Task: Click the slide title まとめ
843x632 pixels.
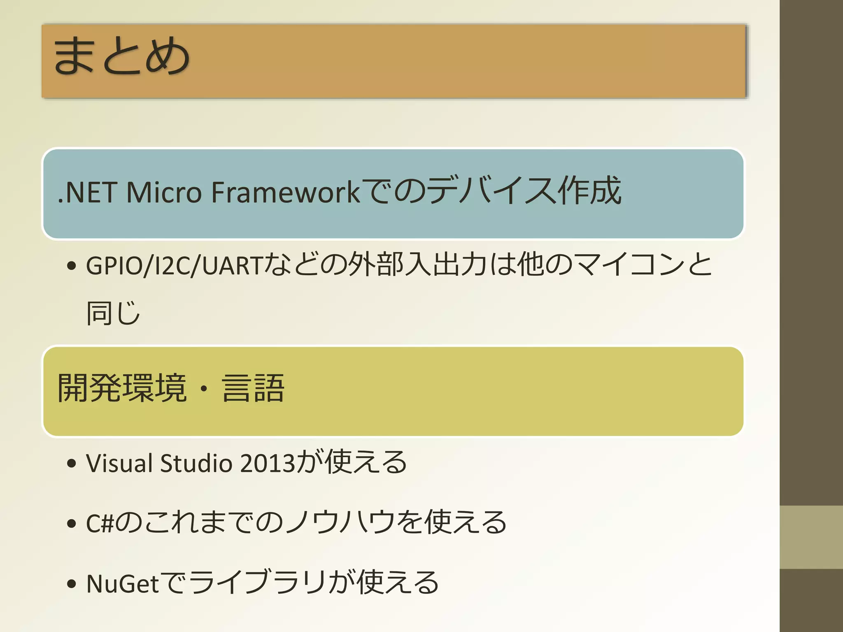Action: tap(121, 56)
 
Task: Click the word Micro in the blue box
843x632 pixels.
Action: tap(164, 192)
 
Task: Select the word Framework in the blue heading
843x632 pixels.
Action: tap(285, 192)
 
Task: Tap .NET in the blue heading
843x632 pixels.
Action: tap(87, 192)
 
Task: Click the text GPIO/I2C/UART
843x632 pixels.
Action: tap(174, 265)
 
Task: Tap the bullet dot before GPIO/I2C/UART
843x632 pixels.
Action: tap(72, 266)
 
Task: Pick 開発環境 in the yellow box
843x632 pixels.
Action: tap(122, 388)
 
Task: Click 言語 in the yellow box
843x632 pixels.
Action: tap(253, 388)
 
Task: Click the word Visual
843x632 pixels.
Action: tap(119, 463)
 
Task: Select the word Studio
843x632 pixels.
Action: tap(196, 463)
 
